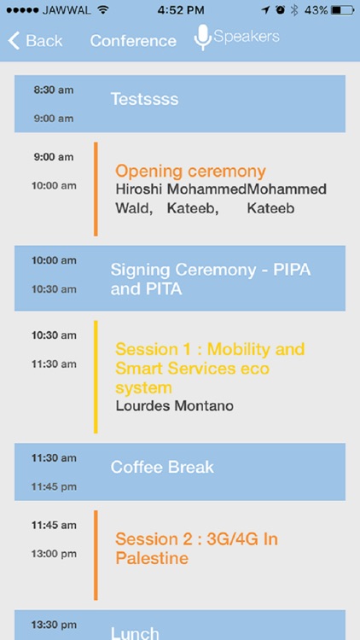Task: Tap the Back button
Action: pyautogui.click(x=36, y=41)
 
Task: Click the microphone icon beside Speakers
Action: pyautogui.click(x=202, y=38)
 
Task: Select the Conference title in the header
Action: pyautogui.click(x=133, y=41)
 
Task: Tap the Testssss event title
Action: pyautogui.click(x=145, y=99)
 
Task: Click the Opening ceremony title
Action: pyautogui.click(x=190, y=172)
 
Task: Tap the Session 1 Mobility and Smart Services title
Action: pyautogui.click(x=210, y=368)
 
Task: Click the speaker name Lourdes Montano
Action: pyautogui.click(x=174, y=405)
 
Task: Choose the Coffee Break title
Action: pyautogui.click(x=162, y=467)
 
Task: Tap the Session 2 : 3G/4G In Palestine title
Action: pyautogui.click(x=196, y=549)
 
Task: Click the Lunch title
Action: pyautogui.click(x=135, y=632)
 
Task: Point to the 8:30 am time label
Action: pyautogui.click(x=54, y=90)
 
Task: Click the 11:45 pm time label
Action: pyautogui.click(x=54, y=487)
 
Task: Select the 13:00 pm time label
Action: pyautogui.click(x=54, y=554)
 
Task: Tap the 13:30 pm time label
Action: pyautogui.click(x=54, y=625)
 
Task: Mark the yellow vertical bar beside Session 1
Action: pyautogui.click(x=96, y=388)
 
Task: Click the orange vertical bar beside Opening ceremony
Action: pyautogui.click(x=96, y=189)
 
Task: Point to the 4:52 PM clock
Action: pyautogui.click(x=179, y=10)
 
